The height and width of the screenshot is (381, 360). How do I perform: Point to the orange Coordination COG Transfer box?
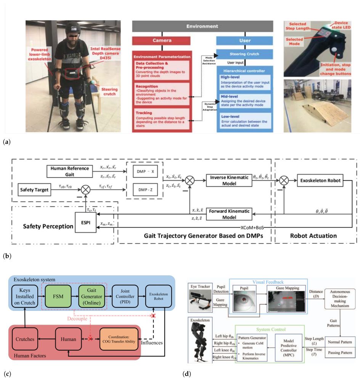click(119, 338)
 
